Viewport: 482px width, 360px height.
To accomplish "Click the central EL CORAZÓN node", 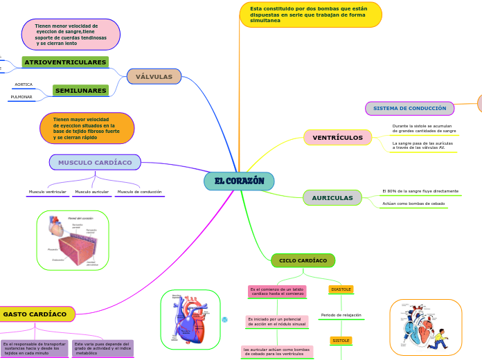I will point(239,181).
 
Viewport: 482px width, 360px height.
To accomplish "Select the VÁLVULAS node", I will point(154,76).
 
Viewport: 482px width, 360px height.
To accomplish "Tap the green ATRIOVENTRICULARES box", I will point(65,62).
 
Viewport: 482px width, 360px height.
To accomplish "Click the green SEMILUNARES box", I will point(80,91).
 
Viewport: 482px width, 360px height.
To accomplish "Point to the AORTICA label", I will point(24,84).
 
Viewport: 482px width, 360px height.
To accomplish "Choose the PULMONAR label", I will point(21,97).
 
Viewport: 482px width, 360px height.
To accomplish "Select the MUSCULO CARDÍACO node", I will point(95,162).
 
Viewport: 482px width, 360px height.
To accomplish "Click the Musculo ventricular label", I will point(48,192).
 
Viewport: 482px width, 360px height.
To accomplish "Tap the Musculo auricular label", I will point(91,192).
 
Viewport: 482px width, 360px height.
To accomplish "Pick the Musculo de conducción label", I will point(139,192).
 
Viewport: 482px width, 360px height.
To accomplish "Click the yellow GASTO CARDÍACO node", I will point(35,314).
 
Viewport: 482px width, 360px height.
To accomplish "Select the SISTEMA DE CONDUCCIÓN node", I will point(409,109).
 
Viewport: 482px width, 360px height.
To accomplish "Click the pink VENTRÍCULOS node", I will point(337,138).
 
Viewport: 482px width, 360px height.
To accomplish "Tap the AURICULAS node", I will point(332,198).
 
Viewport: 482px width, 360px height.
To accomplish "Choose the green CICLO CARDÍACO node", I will point(303,260).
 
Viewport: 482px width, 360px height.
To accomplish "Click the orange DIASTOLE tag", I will point(341,289).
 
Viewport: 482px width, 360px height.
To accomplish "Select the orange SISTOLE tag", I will point(341,341).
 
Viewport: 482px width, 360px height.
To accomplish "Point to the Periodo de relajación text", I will point(341,315).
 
